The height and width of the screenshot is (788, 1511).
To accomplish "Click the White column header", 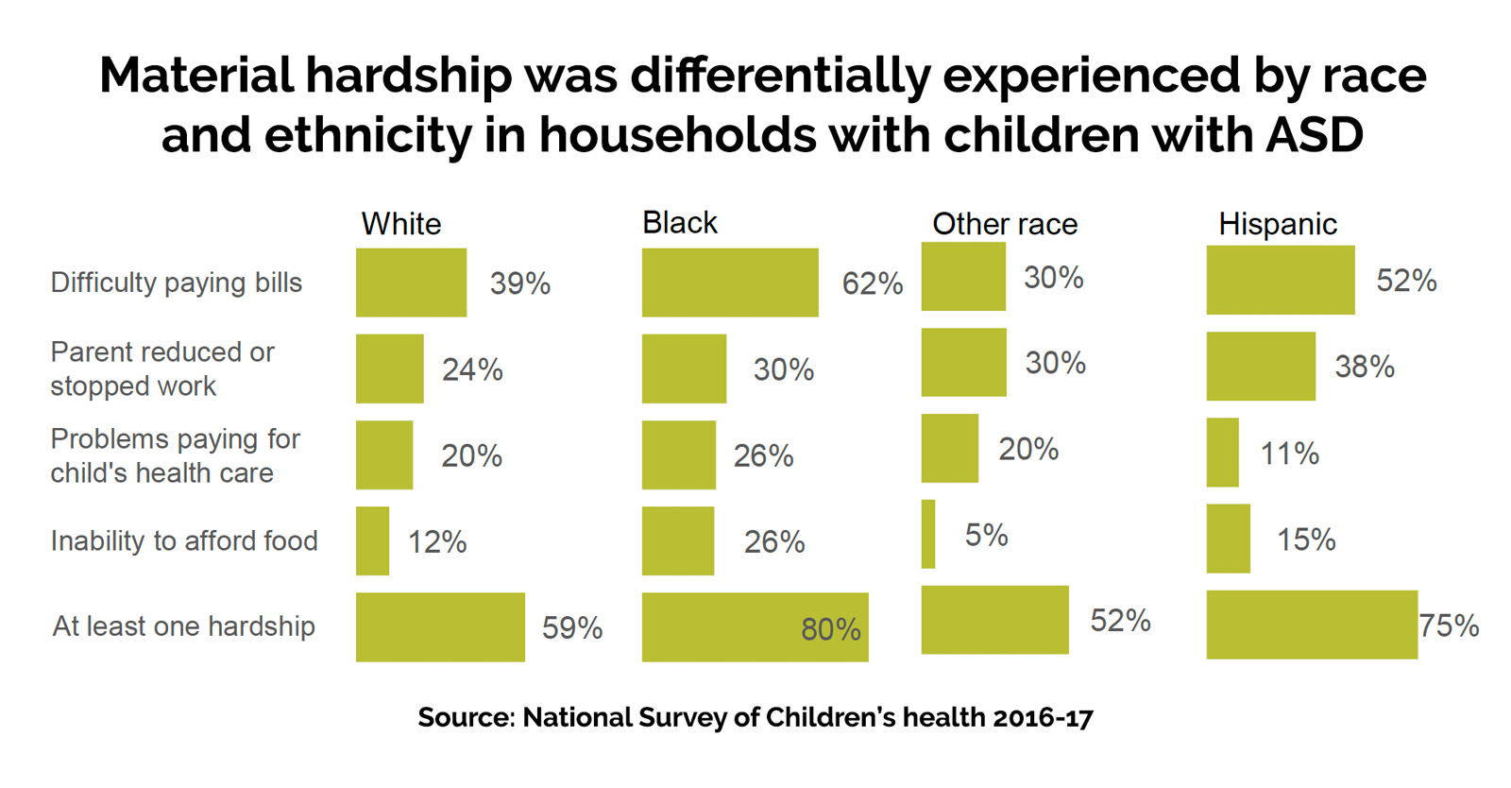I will tap(400, 224).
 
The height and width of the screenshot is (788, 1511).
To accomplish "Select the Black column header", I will tap(679, 223).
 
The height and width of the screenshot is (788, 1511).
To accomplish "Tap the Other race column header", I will tap(1005, 224).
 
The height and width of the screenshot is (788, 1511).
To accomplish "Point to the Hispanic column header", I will tap(1277, 224).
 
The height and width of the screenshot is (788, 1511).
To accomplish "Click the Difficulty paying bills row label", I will tap(177, 283).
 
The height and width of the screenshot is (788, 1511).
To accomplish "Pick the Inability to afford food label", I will tap(184, 540).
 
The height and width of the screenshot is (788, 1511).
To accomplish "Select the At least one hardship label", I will tap(183, 626).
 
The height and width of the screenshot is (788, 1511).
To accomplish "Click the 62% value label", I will tap(873, 283).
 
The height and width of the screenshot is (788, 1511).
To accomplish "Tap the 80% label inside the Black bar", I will tap(830, 629).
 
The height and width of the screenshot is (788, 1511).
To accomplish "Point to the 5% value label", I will tap(986, 536).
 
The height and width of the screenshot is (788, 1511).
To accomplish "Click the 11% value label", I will tap(1289, 454).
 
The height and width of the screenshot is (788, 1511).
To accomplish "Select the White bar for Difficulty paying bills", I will tap(411, 283).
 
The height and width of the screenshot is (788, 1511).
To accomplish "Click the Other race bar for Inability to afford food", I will tap(928, 534).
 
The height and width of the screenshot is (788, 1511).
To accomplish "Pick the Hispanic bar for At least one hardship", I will tap(1312, 625).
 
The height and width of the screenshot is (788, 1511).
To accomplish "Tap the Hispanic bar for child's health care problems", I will tap(1222, 453).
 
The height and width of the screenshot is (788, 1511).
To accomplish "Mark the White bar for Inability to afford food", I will tap(372, 540).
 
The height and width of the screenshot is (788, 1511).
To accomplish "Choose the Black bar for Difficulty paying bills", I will tap(730, 283).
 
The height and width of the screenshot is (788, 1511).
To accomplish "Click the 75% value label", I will tap(1450, 625).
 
